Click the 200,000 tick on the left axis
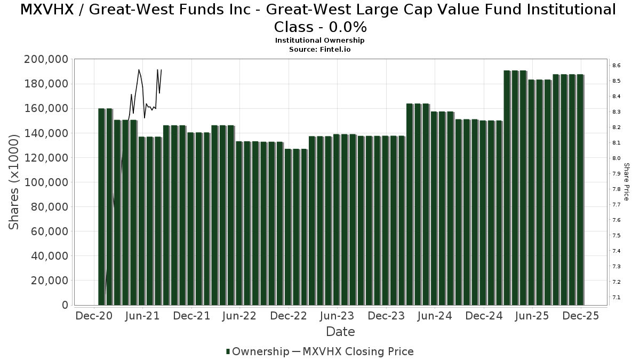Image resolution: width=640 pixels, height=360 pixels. click(46, 59)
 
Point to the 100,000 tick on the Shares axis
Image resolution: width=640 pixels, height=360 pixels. click(46, 182)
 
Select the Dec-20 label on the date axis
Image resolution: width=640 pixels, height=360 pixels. click(94, 316)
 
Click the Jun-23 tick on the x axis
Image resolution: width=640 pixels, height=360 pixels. click(337, 316)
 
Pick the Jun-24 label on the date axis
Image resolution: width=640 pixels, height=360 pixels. click(434, 316)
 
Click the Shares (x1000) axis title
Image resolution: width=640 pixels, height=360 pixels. click(14, 182)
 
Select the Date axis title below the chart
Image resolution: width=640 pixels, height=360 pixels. click(340, 332)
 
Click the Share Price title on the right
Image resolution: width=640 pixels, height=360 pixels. click(627, 182)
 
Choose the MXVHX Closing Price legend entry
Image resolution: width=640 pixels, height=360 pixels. click(358, 351)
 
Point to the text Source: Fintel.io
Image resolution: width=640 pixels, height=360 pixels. click(319, 49)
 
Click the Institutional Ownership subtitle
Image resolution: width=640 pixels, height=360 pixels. click(319, 41)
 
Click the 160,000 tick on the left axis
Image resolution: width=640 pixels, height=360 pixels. click(46, 108)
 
